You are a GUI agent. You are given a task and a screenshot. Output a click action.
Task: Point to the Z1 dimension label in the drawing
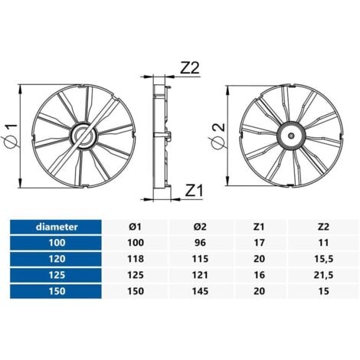(192, 189)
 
